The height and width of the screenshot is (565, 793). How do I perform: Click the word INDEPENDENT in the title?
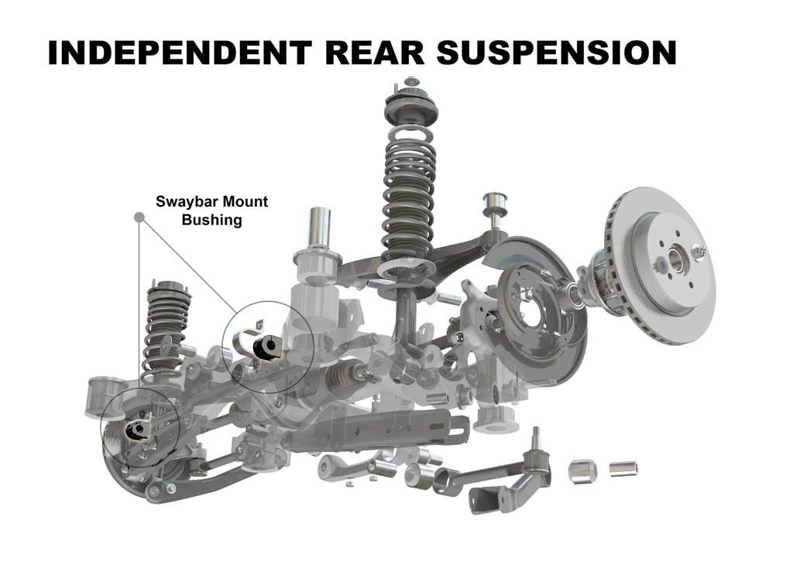pyautogui.click(x=179, y=52)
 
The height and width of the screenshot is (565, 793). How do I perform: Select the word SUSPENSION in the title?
pyautogui.click(x=556, y=52)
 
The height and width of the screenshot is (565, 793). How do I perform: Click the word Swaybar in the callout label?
pyautogui.click(x=187, y=202)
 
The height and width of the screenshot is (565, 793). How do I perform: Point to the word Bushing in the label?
pyautogui.click(x=212, y=220)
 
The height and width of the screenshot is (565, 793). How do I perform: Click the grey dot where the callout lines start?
pyautogui.click(x=139, y=217)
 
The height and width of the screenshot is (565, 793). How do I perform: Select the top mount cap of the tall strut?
pyautogui.click(x=410, y=104)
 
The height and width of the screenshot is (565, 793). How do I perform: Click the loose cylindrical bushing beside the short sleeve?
pyautogui.click(x=583, y=470)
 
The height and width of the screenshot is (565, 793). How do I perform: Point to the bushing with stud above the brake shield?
pyautogui.click(x=495, y=207)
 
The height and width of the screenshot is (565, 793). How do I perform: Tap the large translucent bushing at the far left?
pyautogui.click(x=105, y=398)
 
